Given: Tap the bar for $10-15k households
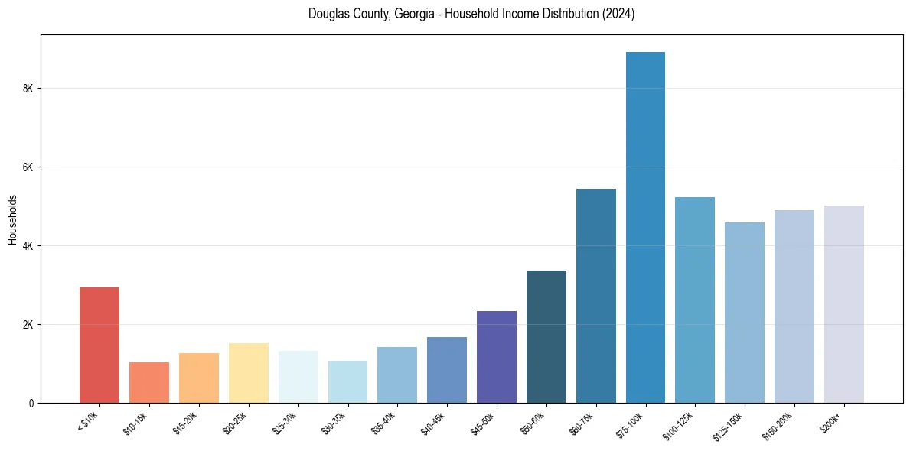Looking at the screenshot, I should [x=149, y=382].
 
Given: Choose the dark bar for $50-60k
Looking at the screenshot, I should [x=546, y=336].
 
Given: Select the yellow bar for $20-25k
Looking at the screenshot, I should [x=249, y=373].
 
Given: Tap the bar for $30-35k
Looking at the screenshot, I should [x=347, y=381].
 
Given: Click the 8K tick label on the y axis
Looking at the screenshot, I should [x=29, y=89].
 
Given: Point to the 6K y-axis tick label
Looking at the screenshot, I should [x=29, y=167].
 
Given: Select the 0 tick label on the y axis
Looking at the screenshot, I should [x=32, y=403].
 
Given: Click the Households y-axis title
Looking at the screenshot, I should [x=12, y=219].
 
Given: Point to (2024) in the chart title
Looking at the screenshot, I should [x=619, y=14].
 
